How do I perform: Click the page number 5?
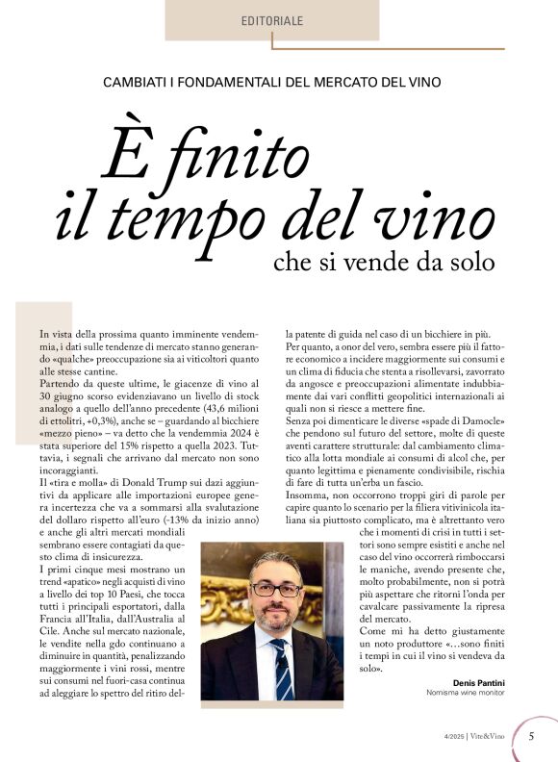pyautogui.click(x=532, y=737)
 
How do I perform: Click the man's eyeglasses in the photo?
pyautogui.click(x=275, y=588)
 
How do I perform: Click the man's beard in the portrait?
pyautogui.click(x=276, y=616)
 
